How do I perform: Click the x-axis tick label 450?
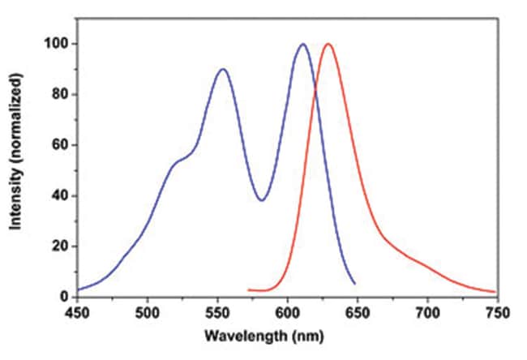[77, 312]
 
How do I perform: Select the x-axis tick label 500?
[147, 312]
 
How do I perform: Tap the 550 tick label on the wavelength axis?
[217, 312]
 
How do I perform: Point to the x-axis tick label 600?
[287, 312]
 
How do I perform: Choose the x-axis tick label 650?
[358, 312]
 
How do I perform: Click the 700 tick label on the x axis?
[427, 312]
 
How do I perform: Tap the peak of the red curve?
[328, 44]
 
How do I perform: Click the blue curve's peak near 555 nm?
[223, 69]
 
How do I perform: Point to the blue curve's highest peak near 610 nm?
[302, 44]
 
